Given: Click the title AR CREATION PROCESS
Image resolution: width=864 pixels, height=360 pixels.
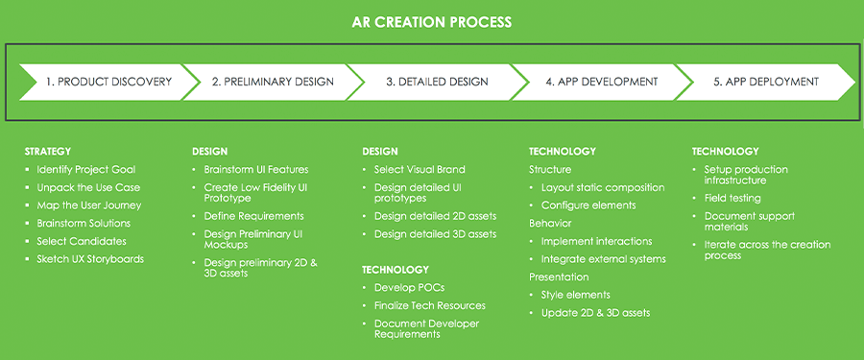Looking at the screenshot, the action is coord(431,23).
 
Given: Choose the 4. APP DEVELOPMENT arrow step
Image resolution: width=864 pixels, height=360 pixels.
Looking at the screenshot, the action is coord(602,83).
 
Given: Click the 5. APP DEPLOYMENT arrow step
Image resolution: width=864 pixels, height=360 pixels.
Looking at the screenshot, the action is coord(766,83).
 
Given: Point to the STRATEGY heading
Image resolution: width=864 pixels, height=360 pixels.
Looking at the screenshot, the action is coord(48,151).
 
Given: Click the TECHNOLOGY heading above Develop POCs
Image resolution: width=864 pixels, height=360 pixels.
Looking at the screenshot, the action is coord(396,270).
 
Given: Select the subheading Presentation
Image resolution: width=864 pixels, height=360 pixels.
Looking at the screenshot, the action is coord(559,276).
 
